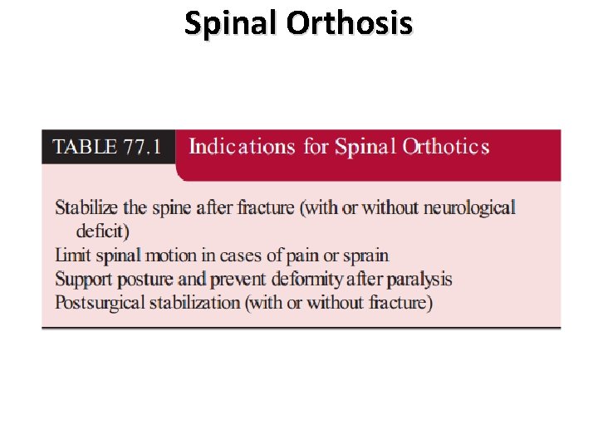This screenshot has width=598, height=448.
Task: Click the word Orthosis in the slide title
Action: (x=350, y=23)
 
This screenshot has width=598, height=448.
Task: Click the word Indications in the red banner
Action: (x=242, y=148)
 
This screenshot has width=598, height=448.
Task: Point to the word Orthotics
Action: (x=446, y=148)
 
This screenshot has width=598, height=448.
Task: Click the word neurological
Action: (x=469, y=207)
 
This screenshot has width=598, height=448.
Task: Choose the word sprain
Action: (x=366, y=255)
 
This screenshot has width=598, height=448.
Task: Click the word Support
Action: (x=84, y=279)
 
